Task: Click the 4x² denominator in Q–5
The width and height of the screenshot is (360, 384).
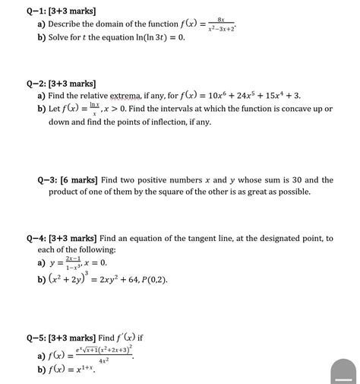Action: click(103, 360)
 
